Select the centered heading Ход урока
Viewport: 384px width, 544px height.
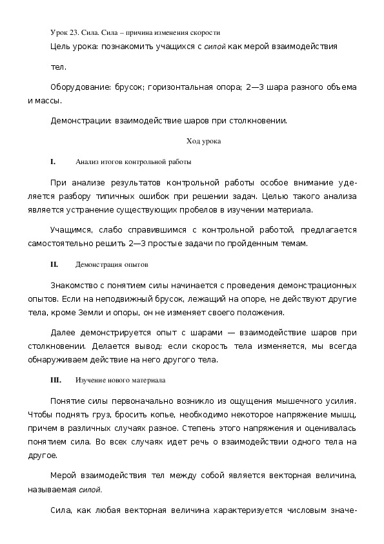tap(203, 141)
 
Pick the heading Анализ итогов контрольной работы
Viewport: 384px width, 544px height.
tap(133, 162)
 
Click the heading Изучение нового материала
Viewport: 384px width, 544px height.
tap(120, 381)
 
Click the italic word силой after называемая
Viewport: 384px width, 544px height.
tap(91, 489)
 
